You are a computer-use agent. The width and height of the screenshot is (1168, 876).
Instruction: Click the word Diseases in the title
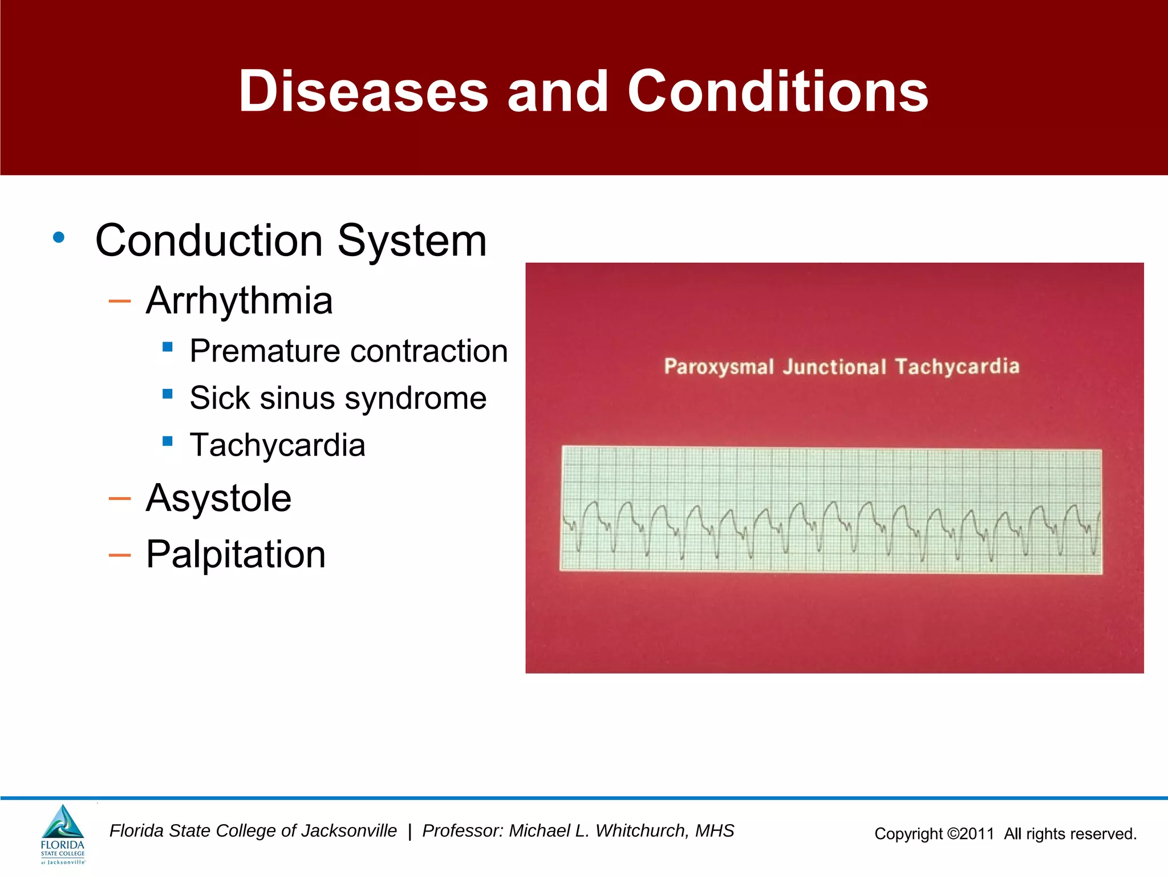[363, 91]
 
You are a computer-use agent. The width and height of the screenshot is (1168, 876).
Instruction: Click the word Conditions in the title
[778, 91]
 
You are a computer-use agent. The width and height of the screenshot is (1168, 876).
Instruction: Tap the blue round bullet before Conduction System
[58, 238]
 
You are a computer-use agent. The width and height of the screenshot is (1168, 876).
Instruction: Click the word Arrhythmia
[239, 301]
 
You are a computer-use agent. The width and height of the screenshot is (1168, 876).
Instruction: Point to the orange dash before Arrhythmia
[120, 301]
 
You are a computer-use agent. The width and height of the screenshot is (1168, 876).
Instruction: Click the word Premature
[264, 351]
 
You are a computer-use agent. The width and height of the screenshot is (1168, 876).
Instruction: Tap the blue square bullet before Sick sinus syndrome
[168, 394]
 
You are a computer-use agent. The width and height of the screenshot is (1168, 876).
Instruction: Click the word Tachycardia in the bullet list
[277, 445]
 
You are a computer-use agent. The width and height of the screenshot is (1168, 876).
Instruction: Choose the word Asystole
[218, 498]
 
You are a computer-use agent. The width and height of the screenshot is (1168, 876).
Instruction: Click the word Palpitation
[236, 554]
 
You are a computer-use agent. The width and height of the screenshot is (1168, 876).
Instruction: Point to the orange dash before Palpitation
[120, 554]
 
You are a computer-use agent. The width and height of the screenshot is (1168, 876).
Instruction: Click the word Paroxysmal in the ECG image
[719, 367]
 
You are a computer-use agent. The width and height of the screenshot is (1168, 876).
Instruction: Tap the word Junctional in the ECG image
[834, 367]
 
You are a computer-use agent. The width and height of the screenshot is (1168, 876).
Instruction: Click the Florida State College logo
[63, 834]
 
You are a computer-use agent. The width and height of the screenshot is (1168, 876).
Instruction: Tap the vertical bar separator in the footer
[409, 832]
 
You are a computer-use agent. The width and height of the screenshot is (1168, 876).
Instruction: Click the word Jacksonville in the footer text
[348, 831]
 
